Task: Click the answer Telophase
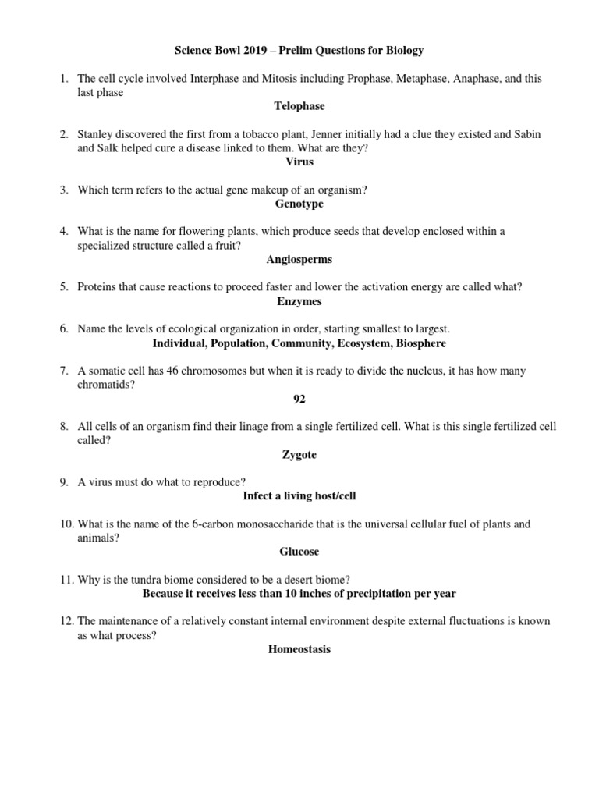point(299,105)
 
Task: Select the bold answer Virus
point(299,162)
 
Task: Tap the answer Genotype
point(299,204)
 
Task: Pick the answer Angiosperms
point(299,259)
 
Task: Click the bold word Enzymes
point(299,301)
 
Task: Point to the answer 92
point(299,399)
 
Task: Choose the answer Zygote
point(299,454)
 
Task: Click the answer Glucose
point(299,552)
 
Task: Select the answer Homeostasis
point(299,649)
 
